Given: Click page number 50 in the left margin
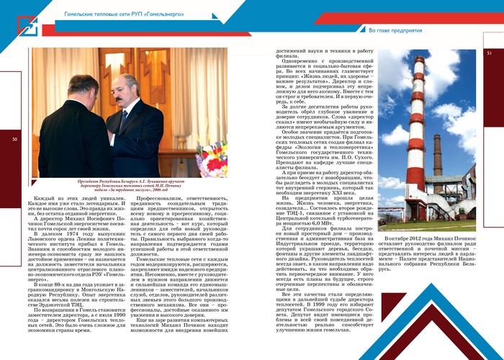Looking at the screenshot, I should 15,140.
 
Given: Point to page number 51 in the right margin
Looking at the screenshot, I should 489,53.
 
